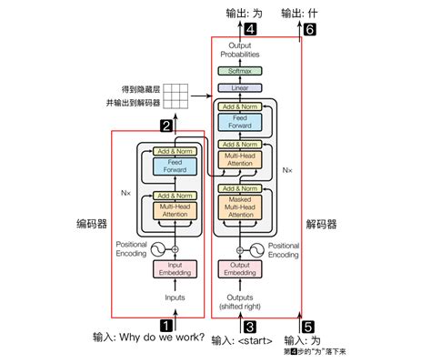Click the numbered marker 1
click(x=167, y=323)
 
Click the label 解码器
click(x=320, y=224)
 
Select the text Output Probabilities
click(x=239, y=50)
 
